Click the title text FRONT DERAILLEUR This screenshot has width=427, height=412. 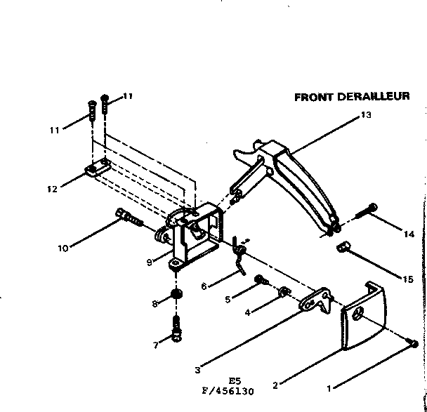pyautogui.click(x=352, y=97)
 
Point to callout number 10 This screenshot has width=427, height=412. pyautogui.click(x=63, y=247)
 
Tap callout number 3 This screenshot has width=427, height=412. pyautogui.click(x=197, y=371)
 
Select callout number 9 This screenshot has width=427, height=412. pyautogui.click(x=149, y=263)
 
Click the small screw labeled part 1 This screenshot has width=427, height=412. pyautogui.click(x=413, y=343)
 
